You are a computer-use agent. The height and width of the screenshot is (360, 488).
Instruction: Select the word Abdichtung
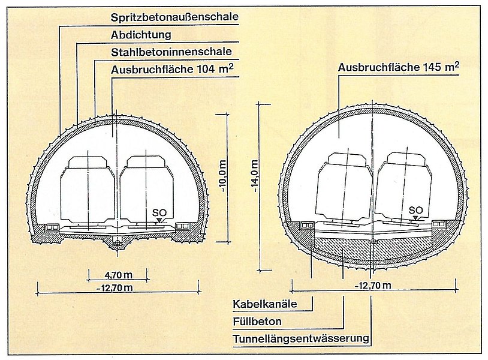click(x=141, y=35)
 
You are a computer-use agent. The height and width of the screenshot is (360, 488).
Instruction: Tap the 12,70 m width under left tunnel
click(x=114, y=287)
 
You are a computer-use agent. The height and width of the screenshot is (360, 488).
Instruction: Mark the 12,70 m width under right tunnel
click(x=372, y=285)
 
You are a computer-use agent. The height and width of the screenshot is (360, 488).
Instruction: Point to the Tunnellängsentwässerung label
click(x=301, y=339)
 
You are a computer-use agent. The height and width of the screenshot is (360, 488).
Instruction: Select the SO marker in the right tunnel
click(x=415, y=209)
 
